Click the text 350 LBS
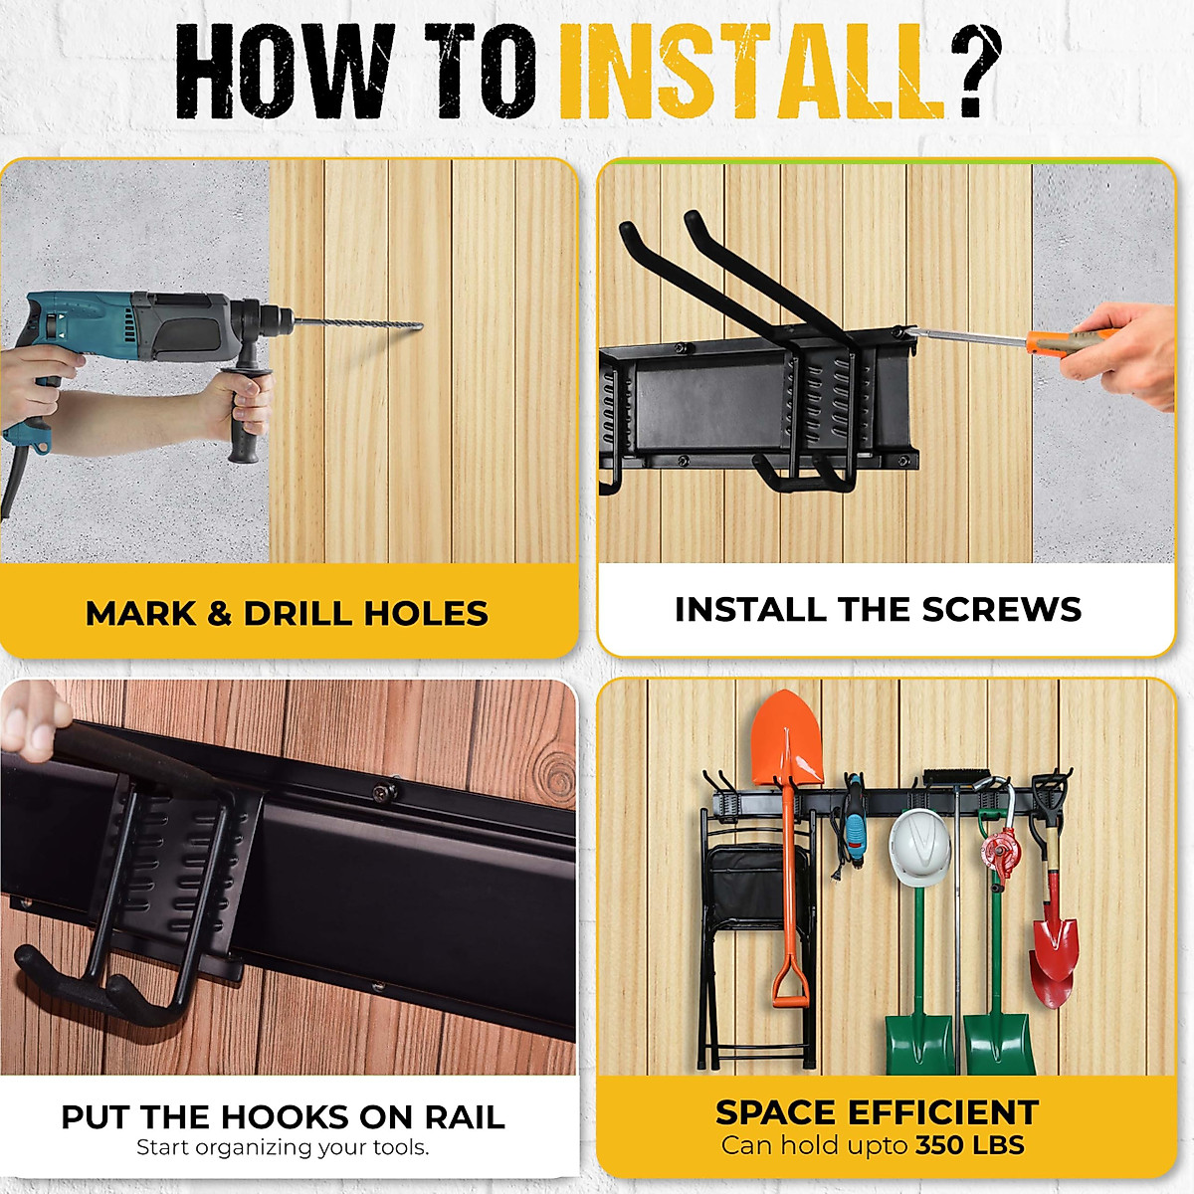tap(970, 1145)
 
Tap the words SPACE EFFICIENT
tap(877, 1111)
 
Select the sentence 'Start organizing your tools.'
tap(283, 1147)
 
